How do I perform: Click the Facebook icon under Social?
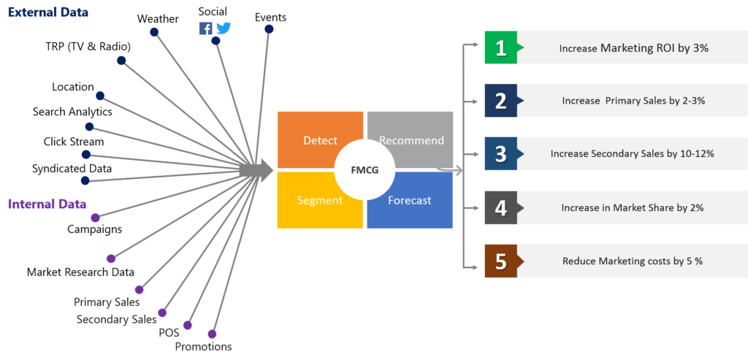[x=206, y=28]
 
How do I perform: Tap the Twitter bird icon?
[x=224, y=28]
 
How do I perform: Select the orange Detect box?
[x=319, y=139]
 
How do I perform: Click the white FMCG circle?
[x=365, y=170]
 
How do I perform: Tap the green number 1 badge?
[x=501, y=48]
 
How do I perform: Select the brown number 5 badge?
[x=501, y=261]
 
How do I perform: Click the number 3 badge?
[x=501, y=154]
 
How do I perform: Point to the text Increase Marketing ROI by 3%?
[x=633, y=49]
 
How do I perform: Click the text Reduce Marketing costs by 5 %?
[x=633, y=261]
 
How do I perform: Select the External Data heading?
[x=48, y=12]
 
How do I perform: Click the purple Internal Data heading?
[x=47, y=204]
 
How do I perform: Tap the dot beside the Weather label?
[x=155, y=31]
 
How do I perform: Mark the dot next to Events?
[x=269, y=29]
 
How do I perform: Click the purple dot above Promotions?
[x=212, y=334]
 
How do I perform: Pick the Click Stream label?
[x=74, y=142]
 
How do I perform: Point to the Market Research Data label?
[x=80, y=272]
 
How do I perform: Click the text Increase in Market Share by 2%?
[x=633, y=208]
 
